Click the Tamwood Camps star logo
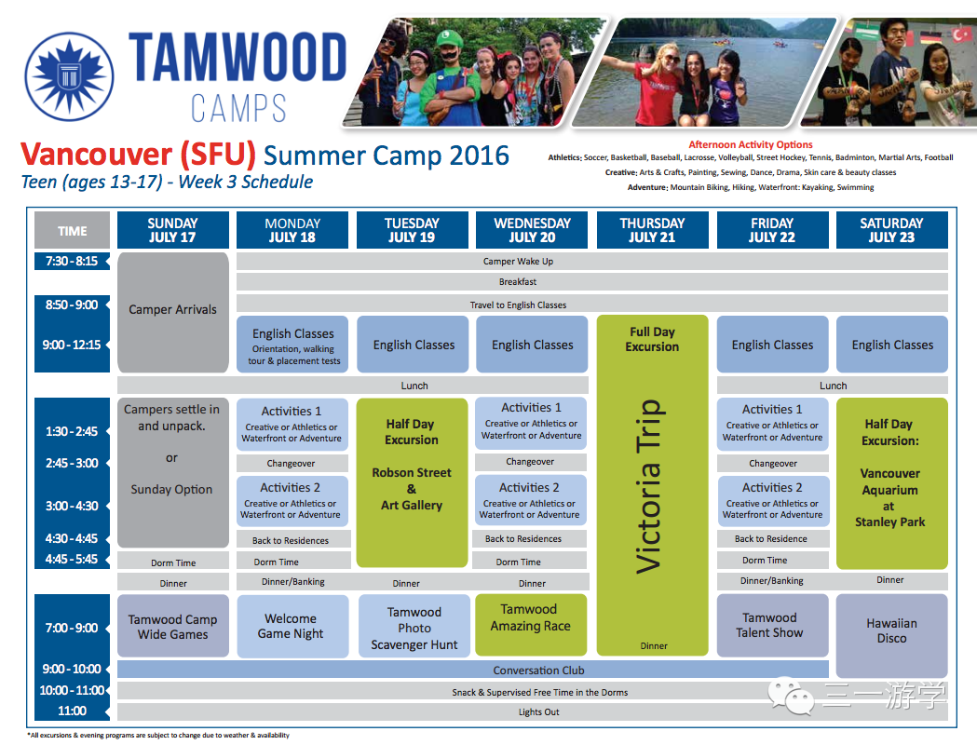69,76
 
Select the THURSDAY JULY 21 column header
652,230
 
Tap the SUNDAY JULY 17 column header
172,230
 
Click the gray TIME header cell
73,230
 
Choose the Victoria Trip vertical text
650,486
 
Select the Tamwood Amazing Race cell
531,624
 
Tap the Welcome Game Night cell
292,626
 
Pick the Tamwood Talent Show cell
772,625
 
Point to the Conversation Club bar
473,670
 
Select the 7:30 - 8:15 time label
72,261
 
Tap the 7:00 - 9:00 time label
72,628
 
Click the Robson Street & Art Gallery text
412,489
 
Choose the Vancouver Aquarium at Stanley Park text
889,497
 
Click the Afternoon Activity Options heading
750,144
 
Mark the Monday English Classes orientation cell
292,345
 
